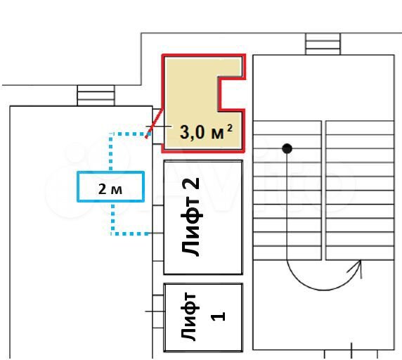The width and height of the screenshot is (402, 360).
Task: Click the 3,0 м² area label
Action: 207,131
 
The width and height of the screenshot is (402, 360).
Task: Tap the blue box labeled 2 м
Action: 110,186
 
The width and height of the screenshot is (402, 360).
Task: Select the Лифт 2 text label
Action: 190,217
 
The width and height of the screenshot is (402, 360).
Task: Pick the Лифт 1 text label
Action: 202,317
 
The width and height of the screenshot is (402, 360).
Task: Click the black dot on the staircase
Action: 287,149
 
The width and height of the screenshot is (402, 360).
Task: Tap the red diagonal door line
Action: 155,123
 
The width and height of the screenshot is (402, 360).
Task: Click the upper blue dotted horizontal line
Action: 129,134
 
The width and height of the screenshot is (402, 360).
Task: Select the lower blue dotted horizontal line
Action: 130,233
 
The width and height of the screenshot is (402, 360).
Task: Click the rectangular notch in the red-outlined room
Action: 231,94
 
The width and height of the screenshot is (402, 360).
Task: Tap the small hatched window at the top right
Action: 323,44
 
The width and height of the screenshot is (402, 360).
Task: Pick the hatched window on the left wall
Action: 96,96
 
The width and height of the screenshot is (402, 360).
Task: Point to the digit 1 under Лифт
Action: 218,316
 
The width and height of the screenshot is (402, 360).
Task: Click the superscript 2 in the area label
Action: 230,128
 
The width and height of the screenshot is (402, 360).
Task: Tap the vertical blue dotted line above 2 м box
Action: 111,152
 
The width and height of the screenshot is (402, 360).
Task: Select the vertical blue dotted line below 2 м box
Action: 113,218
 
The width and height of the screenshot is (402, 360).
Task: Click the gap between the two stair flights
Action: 323,190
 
